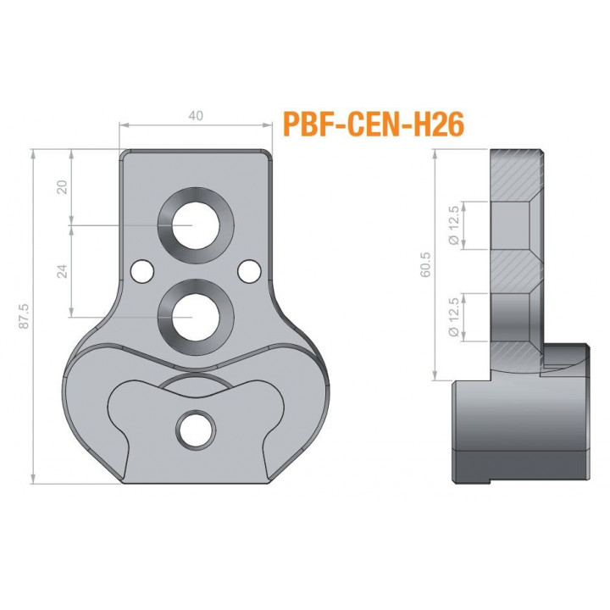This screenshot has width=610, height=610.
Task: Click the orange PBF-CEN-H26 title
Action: point(374,125)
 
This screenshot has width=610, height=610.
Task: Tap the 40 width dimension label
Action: point(196,115)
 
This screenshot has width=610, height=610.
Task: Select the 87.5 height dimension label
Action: point(25,317)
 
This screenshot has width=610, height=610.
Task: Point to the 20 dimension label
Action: point(63,187)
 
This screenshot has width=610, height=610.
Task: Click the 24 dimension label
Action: point(62,271)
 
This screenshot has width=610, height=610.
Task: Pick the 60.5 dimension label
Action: point(426,264)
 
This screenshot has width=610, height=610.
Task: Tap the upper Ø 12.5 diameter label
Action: point(454,225)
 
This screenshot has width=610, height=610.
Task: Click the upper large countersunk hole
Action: point(196,225)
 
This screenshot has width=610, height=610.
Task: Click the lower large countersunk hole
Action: point(196,318)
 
